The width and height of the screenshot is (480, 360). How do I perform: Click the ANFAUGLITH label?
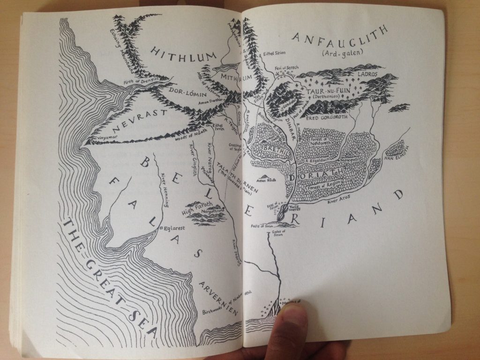coord(341,38)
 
